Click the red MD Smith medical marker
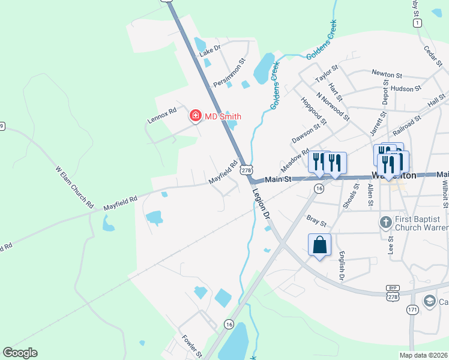coord(195,116)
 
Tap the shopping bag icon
coord(319,245)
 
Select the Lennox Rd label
coord(162,115)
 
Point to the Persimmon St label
coord(230,73)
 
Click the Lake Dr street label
coord(210,50)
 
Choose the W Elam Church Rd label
coord(75,187)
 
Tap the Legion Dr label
coord(262,205)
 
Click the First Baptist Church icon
coord(386,223)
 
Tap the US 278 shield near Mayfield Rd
coord(246,170)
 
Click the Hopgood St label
coord(313,111)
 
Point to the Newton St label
coord(387,74)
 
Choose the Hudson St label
coord(406,89)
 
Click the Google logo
coord(20,353)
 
